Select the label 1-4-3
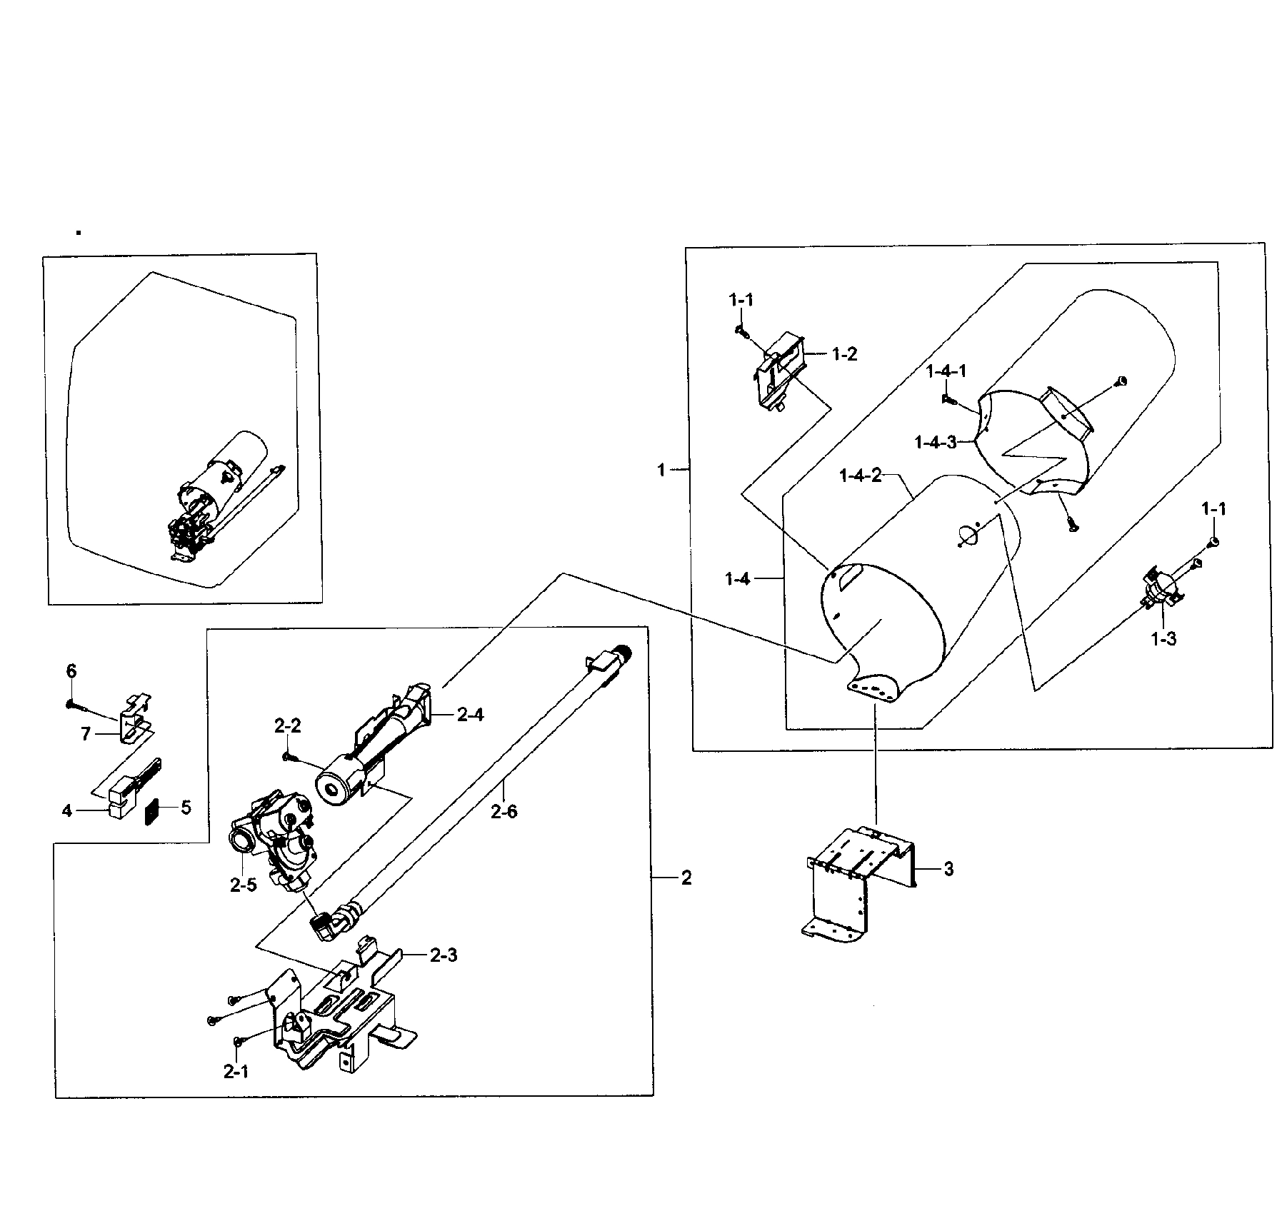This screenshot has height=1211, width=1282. coord(935,442)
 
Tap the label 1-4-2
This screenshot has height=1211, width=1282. coord(860,475)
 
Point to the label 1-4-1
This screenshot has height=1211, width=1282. coord(946,371)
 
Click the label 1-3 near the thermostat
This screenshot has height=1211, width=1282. coord(1163,638)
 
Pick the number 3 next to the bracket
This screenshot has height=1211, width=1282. coord(948,869)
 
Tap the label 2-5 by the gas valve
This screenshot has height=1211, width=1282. coord(243,885)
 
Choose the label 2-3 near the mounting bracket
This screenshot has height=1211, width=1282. coord(444,955)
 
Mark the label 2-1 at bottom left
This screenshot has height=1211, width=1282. coord(236,1072)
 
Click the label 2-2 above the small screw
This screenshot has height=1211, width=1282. coord(287,726)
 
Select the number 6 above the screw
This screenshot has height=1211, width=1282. coord(71,670)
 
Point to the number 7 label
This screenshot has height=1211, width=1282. coord(86,733)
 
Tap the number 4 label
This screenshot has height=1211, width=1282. coord(67,810)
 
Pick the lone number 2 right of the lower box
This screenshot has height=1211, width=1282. coord(686,878)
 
